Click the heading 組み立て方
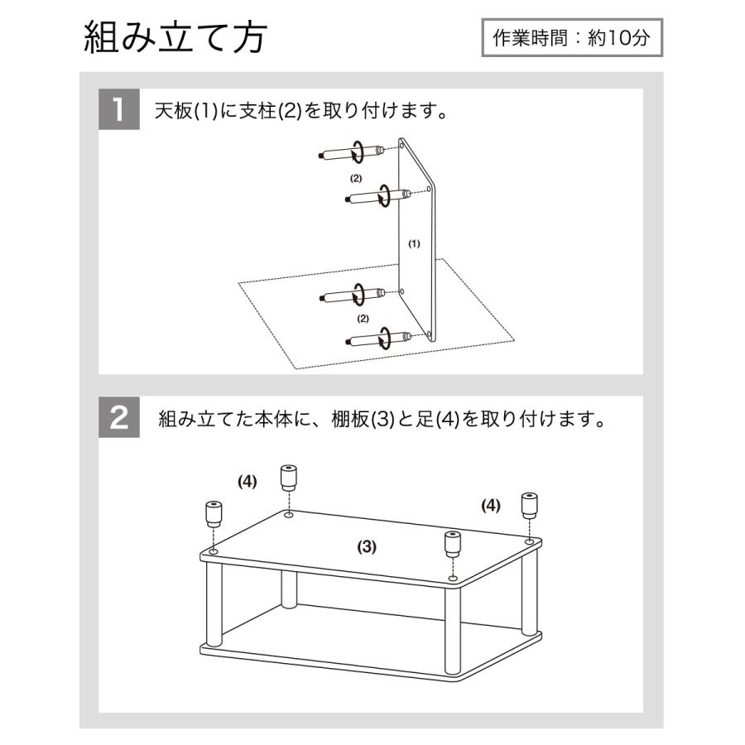pyautogui.click(x=175, y=38)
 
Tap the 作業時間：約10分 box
pyautogui.click(x=572, y=37)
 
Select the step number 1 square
pyautogui.click(x=119, y=110)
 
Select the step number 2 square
pyautogui.click(x=119, y=417)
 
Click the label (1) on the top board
pyautogui.click(x=415, y=243)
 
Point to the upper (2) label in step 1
pyautogui.click(x=355, y=178)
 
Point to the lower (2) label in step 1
pyautogui.click(x=362, y=318)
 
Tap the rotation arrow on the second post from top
pyautogui.click(x=384, y=196)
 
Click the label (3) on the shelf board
pyautogui.click(x=367, y=546)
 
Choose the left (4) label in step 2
pyautogui.click(x=248, y=481)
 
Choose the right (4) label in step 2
pyautogui.click(x=491, y=505)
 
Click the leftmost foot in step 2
pyautogui.click(x=213, y=514)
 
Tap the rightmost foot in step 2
pyautogui.click(x=528, y=504)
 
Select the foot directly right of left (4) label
pyautogui.click(x=288, y=478)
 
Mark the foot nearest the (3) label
pyautogui.click(x=452, y=545)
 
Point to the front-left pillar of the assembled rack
pyautogui.click(x=214, y=604)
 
